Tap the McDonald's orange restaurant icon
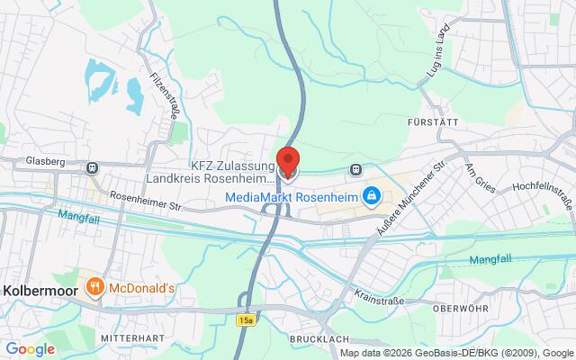pos(94,289)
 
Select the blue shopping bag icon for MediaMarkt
pos(371,194)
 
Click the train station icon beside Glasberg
pos(92,166)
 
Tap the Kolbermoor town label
pos(39,290)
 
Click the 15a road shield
pos(247,319)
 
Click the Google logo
pos(31,348)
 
